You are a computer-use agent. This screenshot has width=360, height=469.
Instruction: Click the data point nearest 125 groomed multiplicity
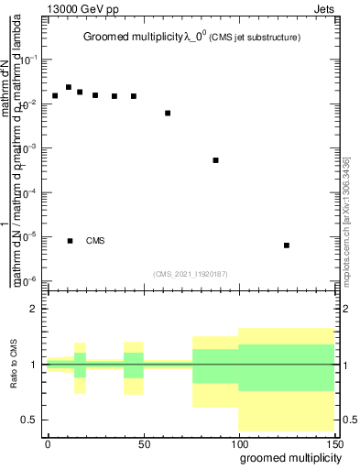(x=287, y=245)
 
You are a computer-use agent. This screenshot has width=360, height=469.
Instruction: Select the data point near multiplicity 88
(x=215, y=160)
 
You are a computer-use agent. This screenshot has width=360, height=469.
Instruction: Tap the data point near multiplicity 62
(x=168, y=113)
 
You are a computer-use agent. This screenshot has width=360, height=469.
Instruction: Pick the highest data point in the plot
(x=69, y=88)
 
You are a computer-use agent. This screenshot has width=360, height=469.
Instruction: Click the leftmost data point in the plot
(x=55, y=95)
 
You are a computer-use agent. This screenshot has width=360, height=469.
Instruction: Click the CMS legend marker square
(x=71, y=241)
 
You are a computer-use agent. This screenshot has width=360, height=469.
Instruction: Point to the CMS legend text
(x=95, y=241)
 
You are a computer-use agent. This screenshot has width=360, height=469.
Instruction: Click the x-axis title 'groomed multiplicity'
(x=286, y=457)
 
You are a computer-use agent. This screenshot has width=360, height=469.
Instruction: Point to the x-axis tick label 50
(x=144, y=442)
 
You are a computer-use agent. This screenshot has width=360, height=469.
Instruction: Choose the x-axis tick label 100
(x=239, y=442)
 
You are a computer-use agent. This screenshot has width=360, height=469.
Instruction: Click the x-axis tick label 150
(x=335, y=442)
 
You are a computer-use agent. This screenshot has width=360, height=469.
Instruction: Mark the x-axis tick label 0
(x=48, y=442)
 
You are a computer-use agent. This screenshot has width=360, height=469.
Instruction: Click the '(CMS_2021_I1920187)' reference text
(x=191, y=273)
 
